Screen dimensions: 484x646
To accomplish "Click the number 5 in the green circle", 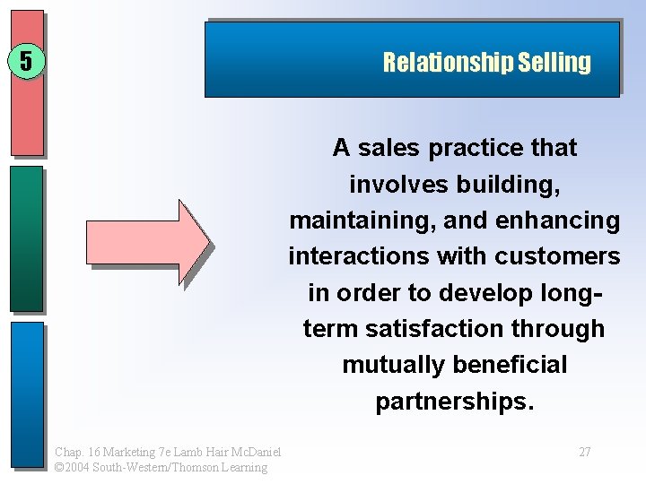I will point(26,62).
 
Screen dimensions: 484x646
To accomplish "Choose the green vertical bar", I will point(27,238).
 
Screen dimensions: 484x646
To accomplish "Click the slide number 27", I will point(584,452).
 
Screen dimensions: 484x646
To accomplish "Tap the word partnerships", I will point(454,402).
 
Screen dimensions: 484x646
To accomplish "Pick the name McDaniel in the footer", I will point(255,452).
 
